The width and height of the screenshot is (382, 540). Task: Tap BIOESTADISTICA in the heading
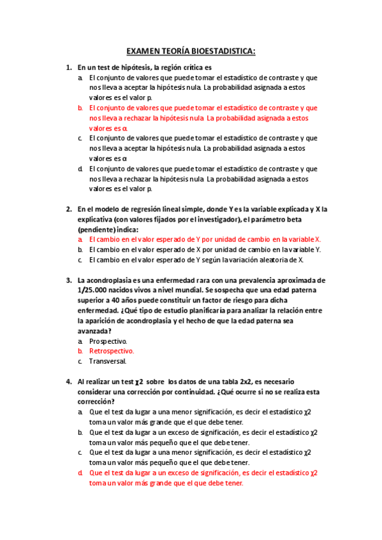click(221, 50)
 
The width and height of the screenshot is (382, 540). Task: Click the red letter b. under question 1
click(80, 108)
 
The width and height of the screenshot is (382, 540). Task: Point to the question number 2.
click(68, 209)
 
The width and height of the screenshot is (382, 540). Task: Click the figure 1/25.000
click(94, 290)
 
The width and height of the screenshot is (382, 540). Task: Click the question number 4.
click(68, 381)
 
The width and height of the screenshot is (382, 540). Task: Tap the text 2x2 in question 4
click(237, 381)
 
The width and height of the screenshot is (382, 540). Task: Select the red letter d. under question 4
click(80, 472)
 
